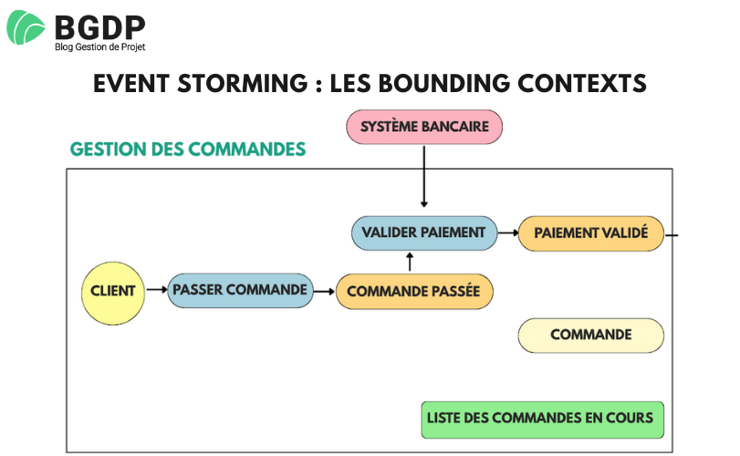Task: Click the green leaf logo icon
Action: click(x=26, y=28)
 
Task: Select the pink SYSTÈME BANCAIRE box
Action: click(x=424, y=126)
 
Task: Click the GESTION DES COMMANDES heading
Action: click(x=187, y=149)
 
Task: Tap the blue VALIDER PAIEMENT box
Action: click(x=424, y=233)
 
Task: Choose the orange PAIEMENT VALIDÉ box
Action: click(x=590, y=233)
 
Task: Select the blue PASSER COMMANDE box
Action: click(x=239, y=290)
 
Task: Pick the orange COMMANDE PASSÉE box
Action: click(x=414, y=291)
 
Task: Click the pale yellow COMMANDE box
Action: click(x=590, y=335)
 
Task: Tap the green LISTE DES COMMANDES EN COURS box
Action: click(x=542, y=419)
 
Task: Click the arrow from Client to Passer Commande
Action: click(x=155, y=291)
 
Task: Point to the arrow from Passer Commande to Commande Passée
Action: click(x=323, y=291)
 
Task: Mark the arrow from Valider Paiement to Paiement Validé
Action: click(x=507, y=233)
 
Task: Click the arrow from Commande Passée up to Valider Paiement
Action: click(x=410, y=263)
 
